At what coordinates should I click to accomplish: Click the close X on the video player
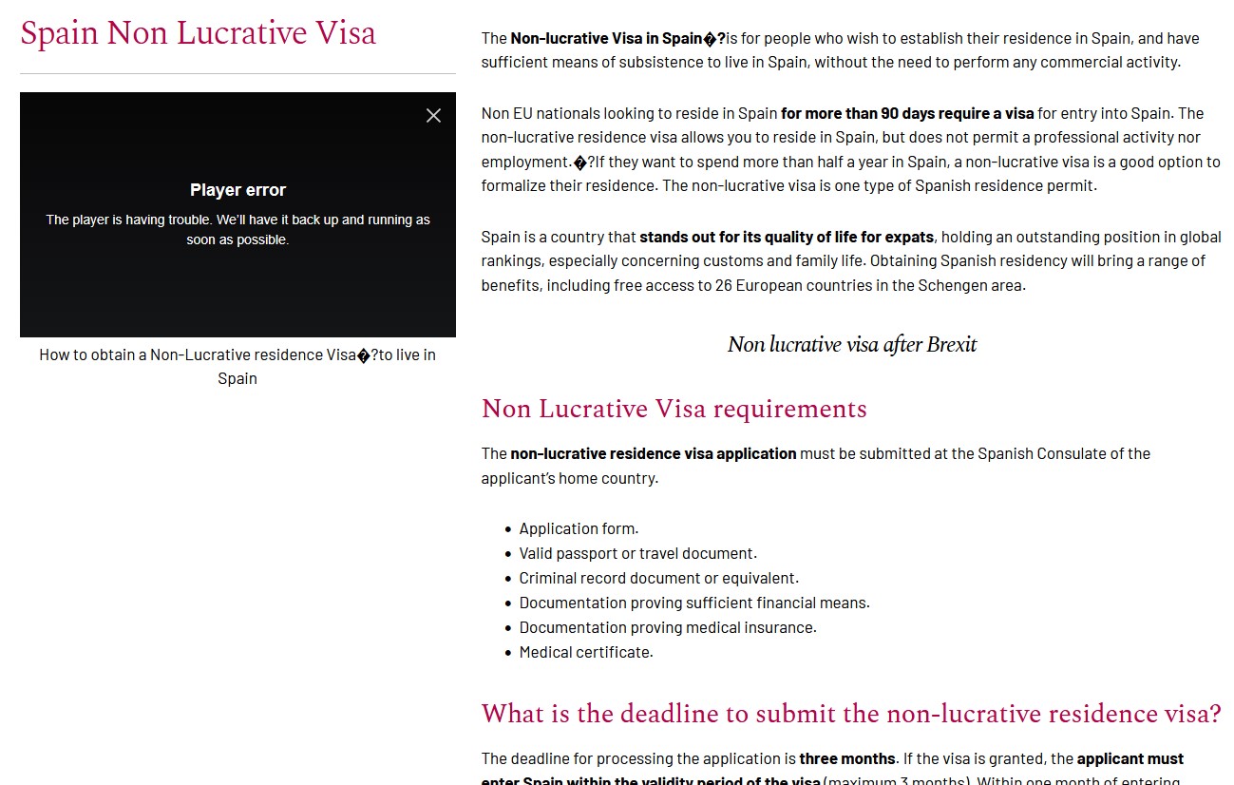[x=433, y=116]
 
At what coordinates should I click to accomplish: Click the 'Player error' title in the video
[x=237, y=190]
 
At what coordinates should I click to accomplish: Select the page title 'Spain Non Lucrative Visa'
[x=198, y=33]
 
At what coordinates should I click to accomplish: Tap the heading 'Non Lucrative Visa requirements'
[x=674, y=409]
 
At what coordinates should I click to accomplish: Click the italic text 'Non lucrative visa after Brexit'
[x=851, y=344]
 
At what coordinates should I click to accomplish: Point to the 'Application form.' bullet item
[x=579, y=528]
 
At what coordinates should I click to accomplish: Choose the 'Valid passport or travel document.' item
[x=637, y=553]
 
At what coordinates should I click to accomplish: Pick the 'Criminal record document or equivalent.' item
[x=658, y=578]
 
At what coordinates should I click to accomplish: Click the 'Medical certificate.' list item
[x=586, y=652]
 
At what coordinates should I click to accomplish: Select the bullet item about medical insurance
[x=667, y=627]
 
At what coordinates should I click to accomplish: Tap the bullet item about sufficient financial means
[x=693, y=603]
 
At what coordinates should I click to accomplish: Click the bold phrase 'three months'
[x=847, y=758]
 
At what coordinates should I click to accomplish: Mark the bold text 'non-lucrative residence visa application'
[x=654, y=453]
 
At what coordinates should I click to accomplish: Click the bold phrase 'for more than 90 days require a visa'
[x=907, y=113]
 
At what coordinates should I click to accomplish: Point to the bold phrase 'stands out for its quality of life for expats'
[x=787, y=237]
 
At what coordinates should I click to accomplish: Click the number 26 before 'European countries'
[x=724, y=285]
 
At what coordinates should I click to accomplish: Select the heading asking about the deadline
[x=850, y=714]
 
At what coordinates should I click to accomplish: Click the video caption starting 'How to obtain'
[x=237, y=366]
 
